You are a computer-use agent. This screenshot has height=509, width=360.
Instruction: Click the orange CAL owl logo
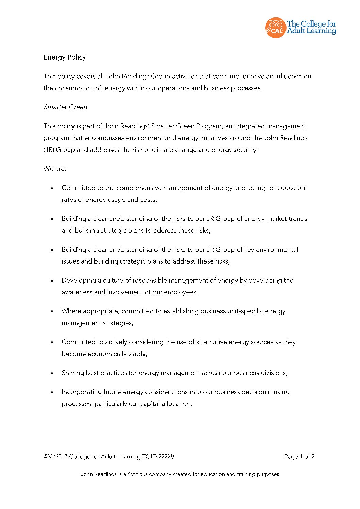(x=275, y=28)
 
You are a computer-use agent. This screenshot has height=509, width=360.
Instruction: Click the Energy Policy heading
(x=65, y=57)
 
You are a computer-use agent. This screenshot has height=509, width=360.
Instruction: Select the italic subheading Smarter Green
(x=65, y=107)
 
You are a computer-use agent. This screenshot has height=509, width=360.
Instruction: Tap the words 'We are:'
(x=55, y=169)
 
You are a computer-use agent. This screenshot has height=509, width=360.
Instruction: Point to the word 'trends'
(x=298, y=219)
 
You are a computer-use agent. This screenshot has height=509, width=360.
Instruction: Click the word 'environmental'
(x=277, y=250)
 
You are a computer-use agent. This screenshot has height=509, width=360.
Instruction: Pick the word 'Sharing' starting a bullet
(x=73, y=373)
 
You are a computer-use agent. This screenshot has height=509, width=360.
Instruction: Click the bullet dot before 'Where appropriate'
(x=52, y=311)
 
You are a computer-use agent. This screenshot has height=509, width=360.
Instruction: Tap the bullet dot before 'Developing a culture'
(x=52, y=281)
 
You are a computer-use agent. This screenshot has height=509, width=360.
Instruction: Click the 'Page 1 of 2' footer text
(x=299, y=457)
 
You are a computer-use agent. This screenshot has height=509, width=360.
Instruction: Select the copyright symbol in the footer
(x=46, y=457)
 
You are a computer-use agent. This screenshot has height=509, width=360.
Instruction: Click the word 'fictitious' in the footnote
(x=138, y=474)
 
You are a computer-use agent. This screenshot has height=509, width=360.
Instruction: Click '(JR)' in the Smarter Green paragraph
(x=49, y=150)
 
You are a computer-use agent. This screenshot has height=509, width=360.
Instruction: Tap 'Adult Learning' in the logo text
(x=311, y=31)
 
